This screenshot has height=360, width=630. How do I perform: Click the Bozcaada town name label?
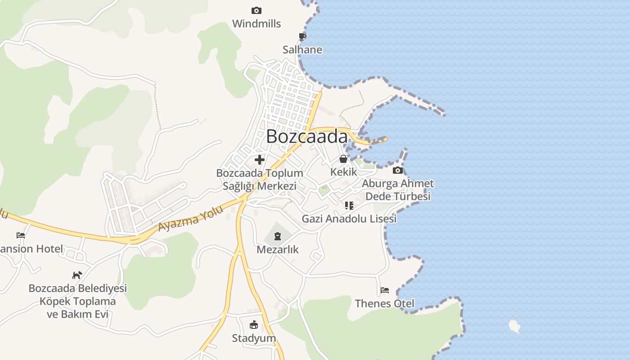[x=307, y=136]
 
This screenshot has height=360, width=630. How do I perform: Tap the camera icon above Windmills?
[x=256, y=10]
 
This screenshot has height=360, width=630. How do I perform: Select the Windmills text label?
[x=256, y=24]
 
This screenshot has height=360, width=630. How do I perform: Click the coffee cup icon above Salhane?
[x=302, y=36]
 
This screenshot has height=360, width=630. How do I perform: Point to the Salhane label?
[x=302, y=49]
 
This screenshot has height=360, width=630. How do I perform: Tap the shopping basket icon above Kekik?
[x=343, y=159]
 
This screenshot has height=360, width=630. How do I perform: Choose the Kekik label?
[x=343, y=172]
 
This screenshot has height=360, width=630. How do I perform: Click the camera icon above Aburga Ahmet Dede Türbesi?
[x=398, y=170]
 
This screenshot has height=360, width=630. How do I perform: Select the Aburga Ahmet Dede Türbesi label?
[x=398, y=190]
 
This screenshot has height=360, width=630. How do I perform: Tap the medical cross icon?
[x=260, y=159]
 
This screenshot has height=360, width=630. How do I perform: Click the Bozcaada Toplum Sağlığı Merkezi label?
[x=260, y=180]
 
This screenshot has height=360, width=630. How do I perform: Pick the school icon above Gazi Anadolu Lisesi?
[x=349, y=206]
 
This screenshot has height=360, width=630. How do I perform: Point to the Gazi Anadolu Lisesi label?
[x=349, y=219]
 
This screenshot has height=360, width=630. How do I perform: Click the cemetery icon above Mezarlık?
[x=278, y=236]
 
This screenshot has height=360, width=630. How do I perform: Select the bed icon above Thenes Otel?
[x=385, y=290]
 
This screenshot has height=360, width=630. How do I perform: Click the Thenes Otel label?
[x=385, y=303]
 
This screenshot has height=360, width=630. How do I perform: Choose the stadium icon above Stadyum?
[x=254, y=324]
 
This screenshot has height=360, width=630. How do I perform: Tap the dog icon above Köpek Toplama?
[x=77, y=274]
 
